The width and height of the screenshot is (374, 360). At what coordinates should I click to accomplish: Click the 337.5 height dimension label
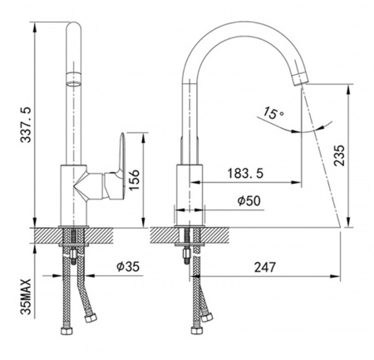tap(27, 125)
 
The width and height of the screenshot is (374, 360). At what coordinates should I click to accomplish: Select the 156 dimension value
tap(134, 180)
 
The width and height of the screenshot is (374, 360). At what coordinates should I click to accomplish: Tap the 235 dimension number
tap(339, 155)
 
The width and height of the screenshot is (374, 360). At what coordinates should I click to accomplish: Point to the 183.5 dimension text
tap(245, 174)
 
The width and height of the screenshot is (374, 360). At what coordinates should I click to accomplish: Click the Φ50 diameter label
tap(249, 200)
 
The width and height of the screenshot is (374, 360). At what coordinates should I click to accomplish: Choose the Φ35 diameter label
tap(128, 267)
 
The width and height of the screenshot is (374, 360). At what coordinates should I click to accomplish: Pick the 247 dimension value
tap(265, 267)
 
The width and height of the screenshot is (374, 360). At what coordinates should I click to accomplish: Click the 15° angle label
tap(273, 113)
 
